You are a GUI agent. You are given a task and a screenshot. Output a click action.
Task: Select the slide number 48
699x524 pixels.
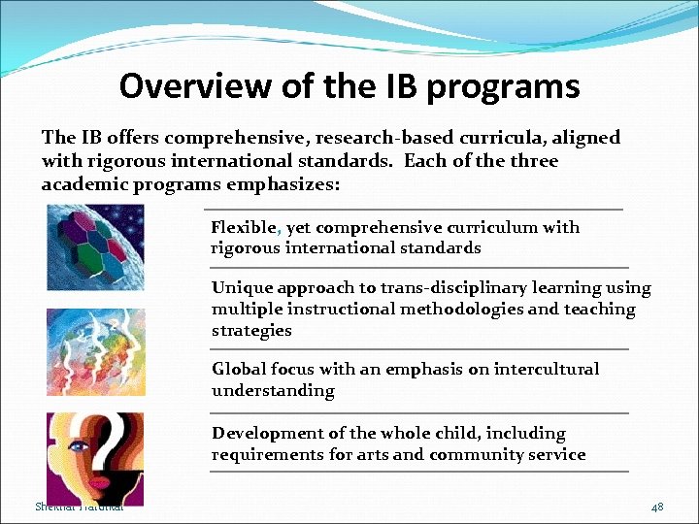pos(657,508)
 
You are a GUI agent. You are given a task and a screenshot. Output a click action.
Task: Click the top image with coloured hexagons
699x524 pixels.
pos(95,248)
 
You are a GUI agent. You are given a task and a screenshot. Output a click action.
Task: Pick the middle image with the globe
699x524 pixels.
pos(95,351)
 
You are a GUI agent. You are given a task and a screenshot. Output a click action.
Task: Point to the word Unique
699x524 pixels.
pos(242,288)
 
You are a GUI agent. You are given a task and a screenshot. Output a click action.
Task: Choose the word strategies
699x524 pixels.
pos(251,331)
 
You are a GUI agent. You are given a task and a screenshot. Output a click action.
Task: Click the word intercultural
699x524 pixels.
pos(547,369)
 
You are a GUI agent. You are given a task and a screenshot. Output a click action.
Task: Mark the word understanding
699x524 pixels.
pos(273,391)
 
